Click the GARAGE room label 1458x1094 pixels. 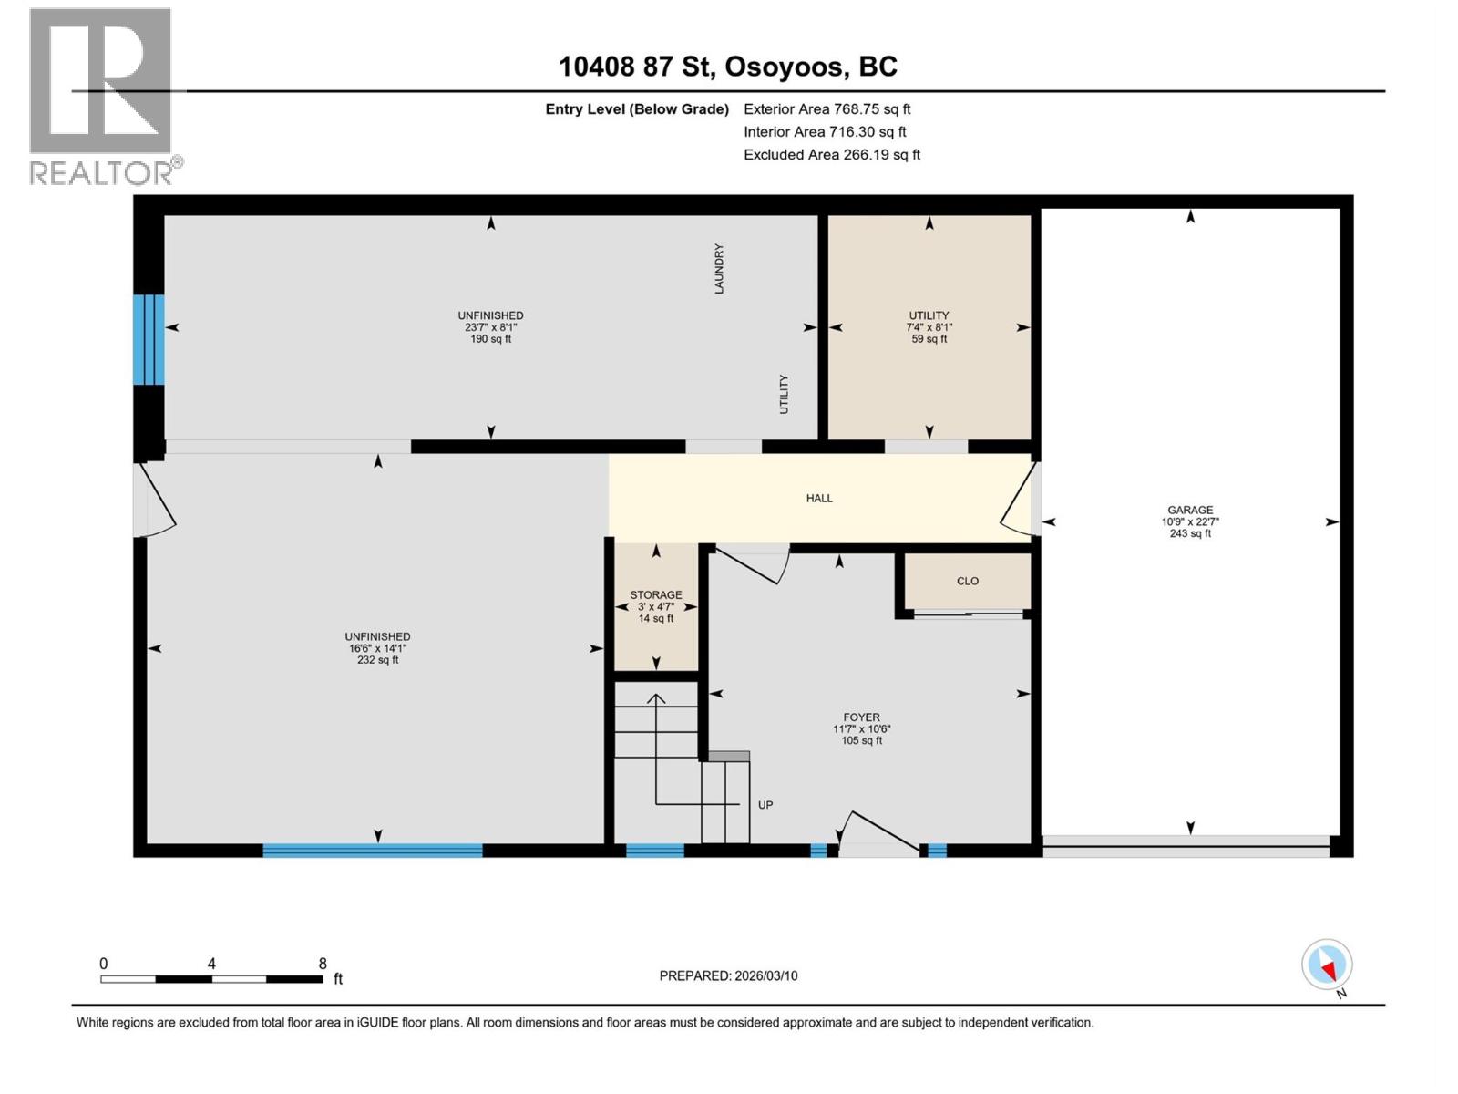point(1190,511)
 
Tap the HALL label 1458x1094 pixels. point(819,499)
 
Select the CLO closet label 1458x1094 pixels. point(967,582)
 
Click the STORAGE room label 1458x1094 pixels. point(655,595)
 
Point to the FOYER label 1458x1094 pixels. point(861,717)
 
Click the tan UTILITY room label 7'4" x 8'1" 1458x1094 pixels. point(929,315)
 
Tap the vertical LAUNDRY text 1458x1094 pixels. point(719,268)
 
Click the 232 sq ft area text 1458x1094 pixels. point(377,660)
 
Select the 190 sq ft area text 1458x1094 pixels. point(490,339)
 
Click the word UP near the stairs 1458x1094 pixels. point(765,805)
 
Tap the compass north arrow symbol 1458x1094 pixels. point(1327,965)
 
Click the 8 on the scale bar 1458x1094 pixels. point(323,964)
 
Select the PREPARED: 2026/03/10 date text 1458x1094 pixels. point(728,975)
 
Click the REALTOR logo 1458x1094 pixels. point(102,96)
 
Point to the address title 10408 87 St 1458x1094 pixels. point(727,67)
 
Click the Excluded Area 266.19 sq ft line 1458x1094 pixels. point(831,155)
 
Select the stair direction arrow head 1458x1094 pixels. point(656,699)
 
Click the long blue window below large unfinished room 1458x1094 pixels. point(372,851)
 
